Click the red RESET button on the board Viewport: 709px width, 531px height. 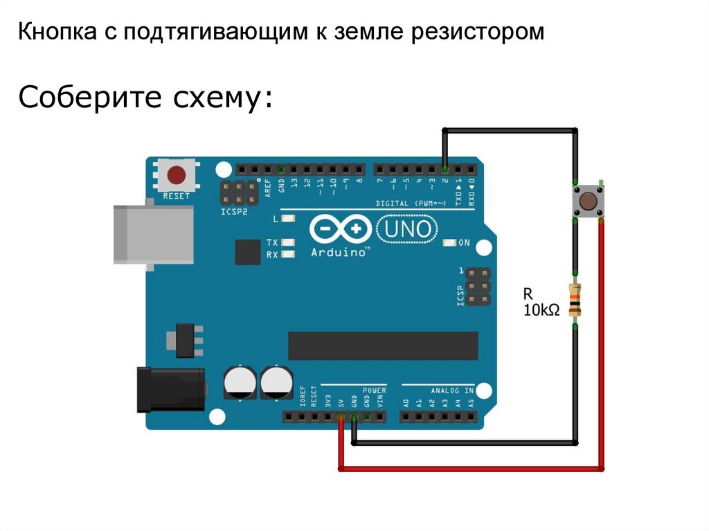coord(177,174)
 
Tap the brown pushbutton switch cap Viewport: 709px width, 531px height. coord(588,201)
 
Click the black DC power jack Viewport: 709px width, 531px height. coord(170,390)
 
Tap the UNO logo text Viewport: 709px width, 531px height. coord(408,228)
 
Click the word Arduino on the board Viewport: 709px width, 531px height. coord(339,253)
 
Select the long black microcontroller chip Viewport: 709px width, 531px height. coord(383,345)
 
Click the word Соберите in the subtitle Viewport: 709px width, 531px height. coord(84,98)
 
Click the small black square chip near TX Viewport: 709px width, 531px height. coord(246,252)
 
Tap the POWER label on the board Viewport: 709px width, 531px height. coord(375,390)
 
